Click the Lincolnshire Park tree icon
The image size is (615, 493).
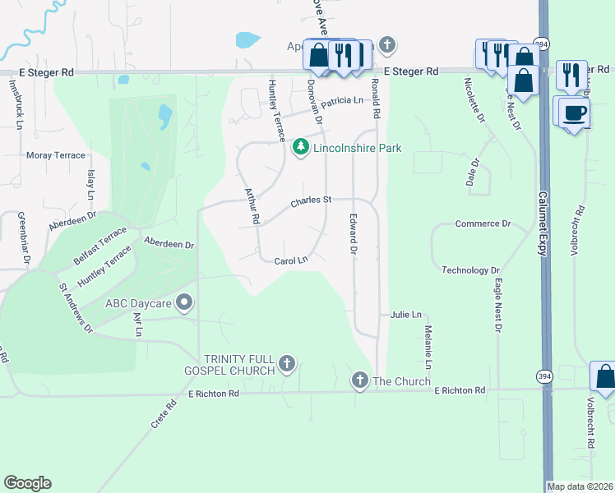click(302, 148)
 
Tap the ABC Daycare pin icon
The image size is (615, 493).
click(185, 303)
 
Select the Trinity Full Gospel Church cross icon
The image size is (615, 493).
click(287, 363)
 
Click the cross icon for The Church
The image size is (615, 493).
click(358, 380)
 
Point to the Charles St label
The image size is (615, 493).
click(311, 200)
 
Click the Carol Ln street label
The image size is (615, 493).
click(290, 260)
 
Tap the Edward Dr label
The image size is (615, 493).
click(353, 234)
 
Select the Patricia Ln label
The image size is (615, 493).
click(341, 101)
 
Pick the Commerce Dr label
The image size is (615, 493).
click(483, 223)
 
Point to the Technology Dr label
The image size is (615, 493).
click(470, 270)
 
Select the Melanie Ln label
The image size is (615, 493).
click(428, 346)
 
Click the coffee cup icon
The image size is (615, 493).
click(576, 112)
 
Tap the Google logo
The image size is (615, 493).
click(27, 483)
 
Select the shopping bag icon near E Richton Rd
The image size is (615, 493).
click(604, 376)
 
